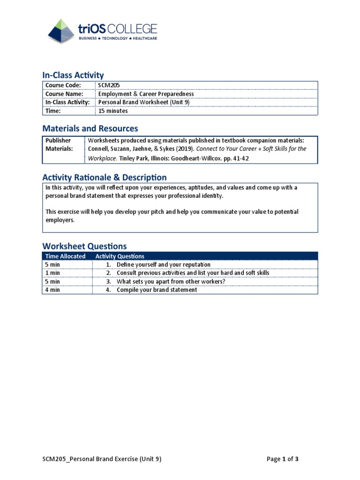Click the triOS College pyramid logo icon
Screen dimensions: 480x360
[x=61, y=31]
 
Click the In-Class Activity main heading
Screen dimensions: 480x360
[x=73, y=75]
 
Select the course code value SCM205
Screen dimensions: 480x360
[x=106, y=85]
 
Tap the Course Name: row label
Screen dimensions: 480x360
[x=65, y=94]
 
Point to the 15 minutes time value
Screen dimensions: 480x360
[x=113, y=111]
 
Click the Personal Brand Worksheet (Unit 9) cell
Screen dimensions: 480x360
[x=143, y=102]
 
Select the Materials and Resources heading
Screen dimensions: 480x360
[x=90, y=128]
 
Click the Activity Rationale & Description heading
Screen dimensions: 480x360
[x=104, y=177]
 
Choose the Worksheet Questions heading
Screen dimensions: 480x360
[x=84, y=246]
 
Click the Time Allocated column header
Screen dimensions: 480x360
[x=66, y=256]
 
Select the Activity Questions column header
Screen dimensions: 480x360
[x=120, y=256]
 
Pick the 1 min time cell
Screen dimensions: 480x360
[x=53, y=273]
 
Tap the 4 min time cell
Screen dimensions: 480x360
[x=53, y=290]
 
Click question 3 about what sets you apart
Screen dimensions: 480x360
[x=171, y=281]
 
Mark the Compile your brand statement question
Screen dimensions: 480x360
[x=157, y=290]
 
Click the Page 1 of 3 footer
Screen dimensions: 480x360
[x=282, y=459]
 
